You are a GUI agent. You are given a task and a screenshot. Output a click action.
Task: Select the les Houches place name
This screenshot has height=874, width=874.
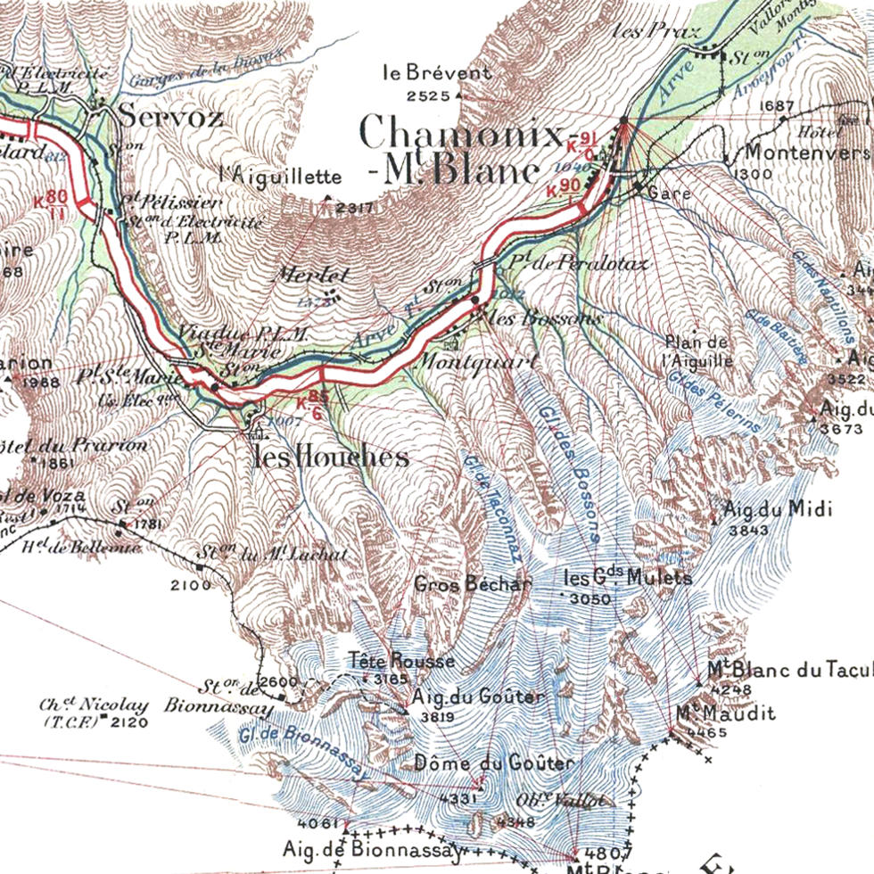(331, 458)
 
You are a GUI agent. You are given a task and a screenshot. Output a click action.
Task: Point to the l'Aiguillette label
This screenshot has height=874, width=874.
(280, 177)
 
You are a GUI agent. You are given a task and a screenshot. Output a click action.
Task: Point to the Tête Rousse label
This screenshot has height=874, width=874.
(402, 661)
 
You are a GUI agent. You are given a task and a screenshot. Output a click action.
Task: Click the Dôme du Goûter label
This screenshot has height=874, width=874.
(494, 763)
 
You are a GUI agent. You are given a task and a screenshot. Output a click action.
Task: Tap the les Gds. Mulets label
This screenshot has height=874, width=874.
(628, 578)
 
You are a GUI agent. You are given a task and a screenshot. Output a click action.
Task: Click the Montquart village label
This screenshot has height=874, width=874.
(476, 362)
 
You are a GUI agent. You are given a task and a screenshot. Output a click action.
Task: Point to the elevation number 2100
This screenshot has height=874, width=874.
(191, 585)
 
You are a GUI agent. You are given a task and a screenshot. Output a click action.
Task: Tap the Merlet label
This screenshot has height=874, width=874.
(311, 276)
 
